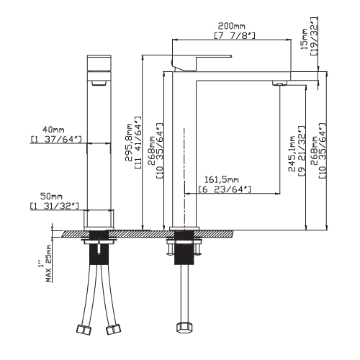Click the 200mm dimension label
[231, 25]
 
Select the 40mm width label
[53, 130]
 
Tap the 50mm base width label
[51, 197]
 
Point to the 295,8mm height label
[130, 143]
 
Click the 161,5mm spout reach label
[222, 179]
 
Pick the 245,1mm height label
[292, 154]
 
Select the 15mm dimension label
[305, 39]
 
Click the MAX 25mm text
[49, 264]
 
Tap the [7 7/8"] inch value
[235, 35]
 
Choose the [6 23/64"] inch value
[225, 189]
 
